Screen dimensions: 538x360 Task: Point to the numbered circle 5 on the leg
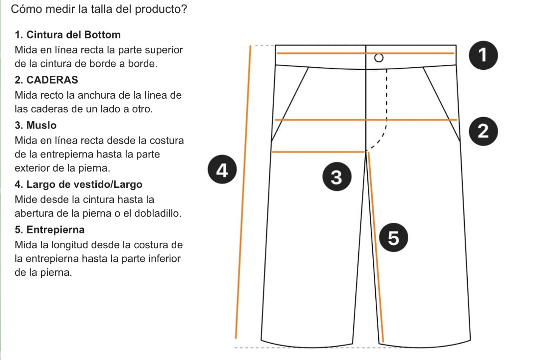pyautogui.click(x=393, y=239)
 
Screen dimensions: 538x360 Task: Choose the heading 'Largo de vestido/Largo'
pyautogui.click(x=79, y=184)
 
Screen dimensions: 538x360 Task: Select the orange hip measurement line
pyautogui.click(x=366, y=120)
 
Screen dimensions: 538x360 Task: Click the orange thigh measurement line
pyautogui.click(x=318, y=152)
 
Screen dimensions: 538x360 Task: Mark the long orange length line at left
pyautogui.click(x=243, y=189)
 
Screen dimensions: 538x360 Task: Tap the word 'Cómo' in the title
pyautogui.click(x=23, y=9)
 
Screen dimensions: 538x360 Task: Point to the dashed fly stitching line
pyautogui.click(x=387, y=100)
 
